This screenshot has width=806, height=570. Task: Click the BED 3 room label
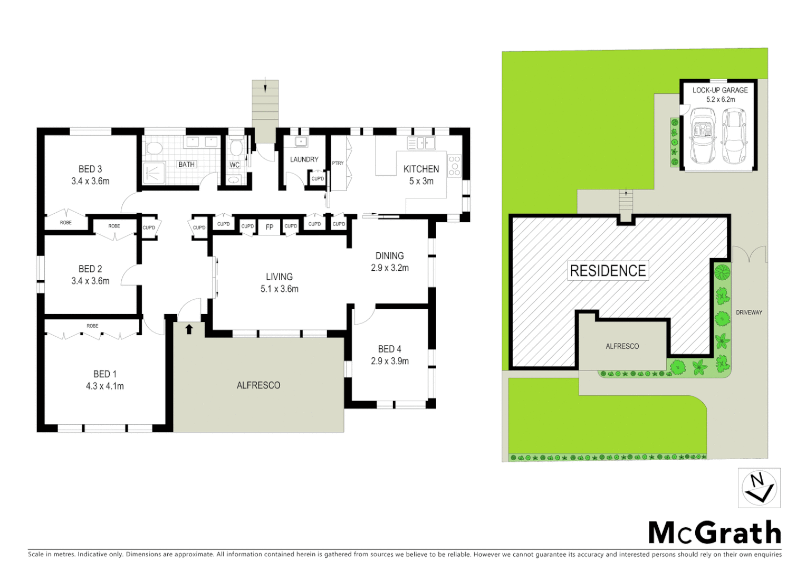pos(90,169)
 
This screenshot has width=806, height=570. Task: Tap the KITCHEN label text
pos(421,169)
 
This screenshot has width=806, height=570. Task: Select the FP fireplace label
pos(270,227)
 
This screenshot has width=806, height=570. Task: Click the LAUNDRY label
pos(304,159)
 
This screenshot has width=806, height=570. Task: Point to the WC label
pos(235,165)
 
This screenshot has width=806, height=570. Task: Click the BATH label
pos(186,165)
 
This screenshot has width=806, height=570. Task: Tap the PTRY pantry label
pos(338,163)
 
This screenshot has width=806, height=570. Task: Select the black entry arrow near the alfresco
pos(189,329)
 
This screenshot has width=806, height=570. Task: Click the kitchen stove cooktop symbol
pos(454,166)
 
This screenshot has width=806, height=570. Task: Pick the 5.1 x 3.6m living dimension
pos(279,289)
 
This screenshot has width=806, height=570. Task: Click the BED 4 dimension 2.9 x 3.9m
pos(389,361)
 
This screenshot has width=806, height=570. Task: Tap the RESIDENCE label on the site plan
pos(608,271)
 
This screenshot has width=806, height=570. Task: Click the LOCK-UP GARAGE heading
pos(720,90)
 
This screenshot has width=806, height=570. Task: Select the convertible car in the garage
pos(702,136)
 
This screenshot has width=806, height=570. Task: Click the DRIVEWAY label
pos(749,312)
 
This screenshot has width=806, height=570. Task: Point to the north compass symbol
pos(759,488)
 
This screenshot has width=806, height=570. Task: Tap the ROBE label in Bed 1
pos(92,326)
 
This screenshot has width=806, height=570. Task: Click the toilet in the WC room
pos(236,146)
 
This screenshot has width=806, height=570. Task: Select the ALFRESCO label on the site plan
pos(622,346)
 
